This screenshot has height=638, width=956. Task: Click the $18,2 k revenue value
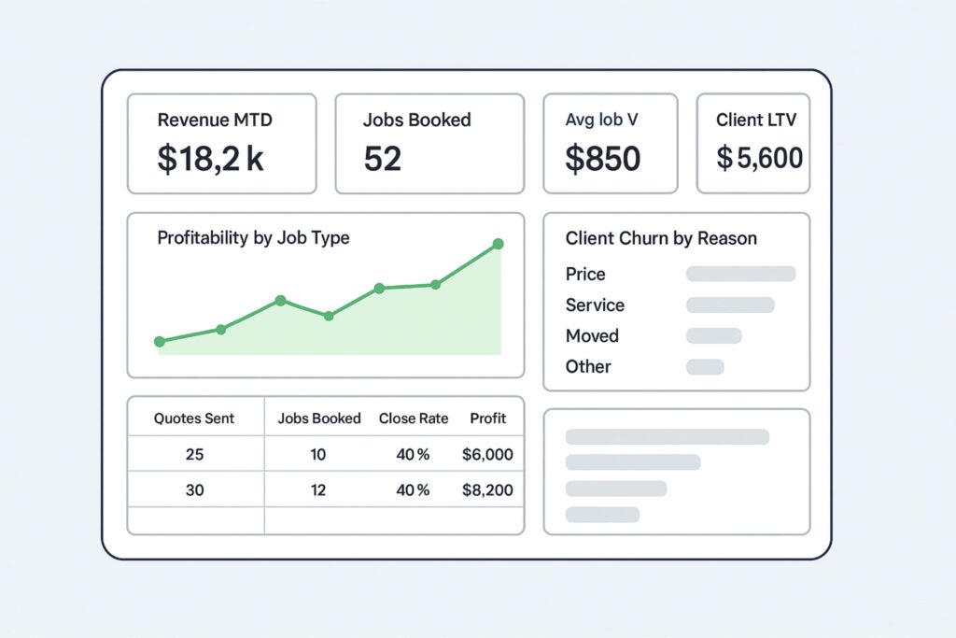(x=210, y=159)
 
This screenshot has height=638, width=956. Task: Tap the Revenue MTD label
(x=215, y=120)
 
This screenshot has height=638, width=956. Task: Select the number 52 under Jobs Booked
(x=383, y=159)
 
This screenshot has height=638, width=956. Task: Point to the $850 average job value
(x=603, y=159)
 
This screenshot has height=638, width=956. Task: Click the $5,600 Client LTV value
(x=760, y=158)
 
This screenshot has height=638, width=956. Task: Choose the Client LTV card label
(x=756, y=120)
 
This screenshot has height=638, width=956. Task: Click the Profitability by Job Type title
(x=253, y=238)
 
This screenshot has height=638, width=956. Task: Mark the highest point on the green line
(x=498, y=244)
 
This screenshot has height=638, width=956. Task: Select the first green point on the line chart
(x=160, y=342)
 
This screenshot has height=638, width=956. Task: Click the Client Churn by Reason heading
(x=661, y=238)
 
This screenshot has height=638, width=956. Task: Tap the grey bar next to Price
(x=740, y=274)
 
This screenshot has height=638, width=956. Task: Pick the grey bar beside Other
(x=705, y=367)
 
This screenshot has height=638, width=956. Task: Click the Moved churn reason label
(x=592, y=335)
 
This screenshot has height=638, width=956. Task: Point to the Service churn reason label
(x=595, y=305)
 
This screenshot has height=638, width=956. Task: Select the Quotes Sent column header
(x=194, y=418)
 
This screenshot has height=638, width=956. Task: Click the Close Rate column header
(x=414, y=418)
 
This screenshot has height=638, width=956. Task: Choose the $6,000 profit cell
(x=487, y=455)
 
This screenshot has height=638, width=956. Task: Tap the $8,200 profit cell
(x=487, y=489)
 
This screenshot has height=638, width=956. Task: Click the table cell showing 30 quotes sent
(x=194, y=489)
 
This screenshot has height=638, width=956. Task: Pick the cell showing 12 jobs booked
(x=318, y=489)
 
